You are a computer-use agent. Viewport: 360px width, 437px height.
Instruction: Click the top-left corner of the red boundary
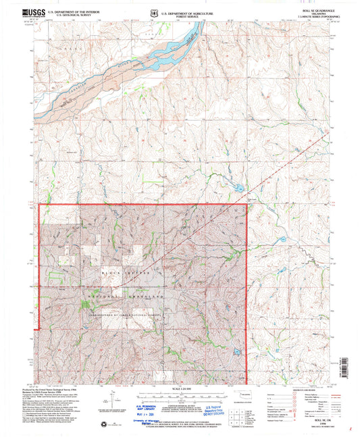(40, 205)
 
